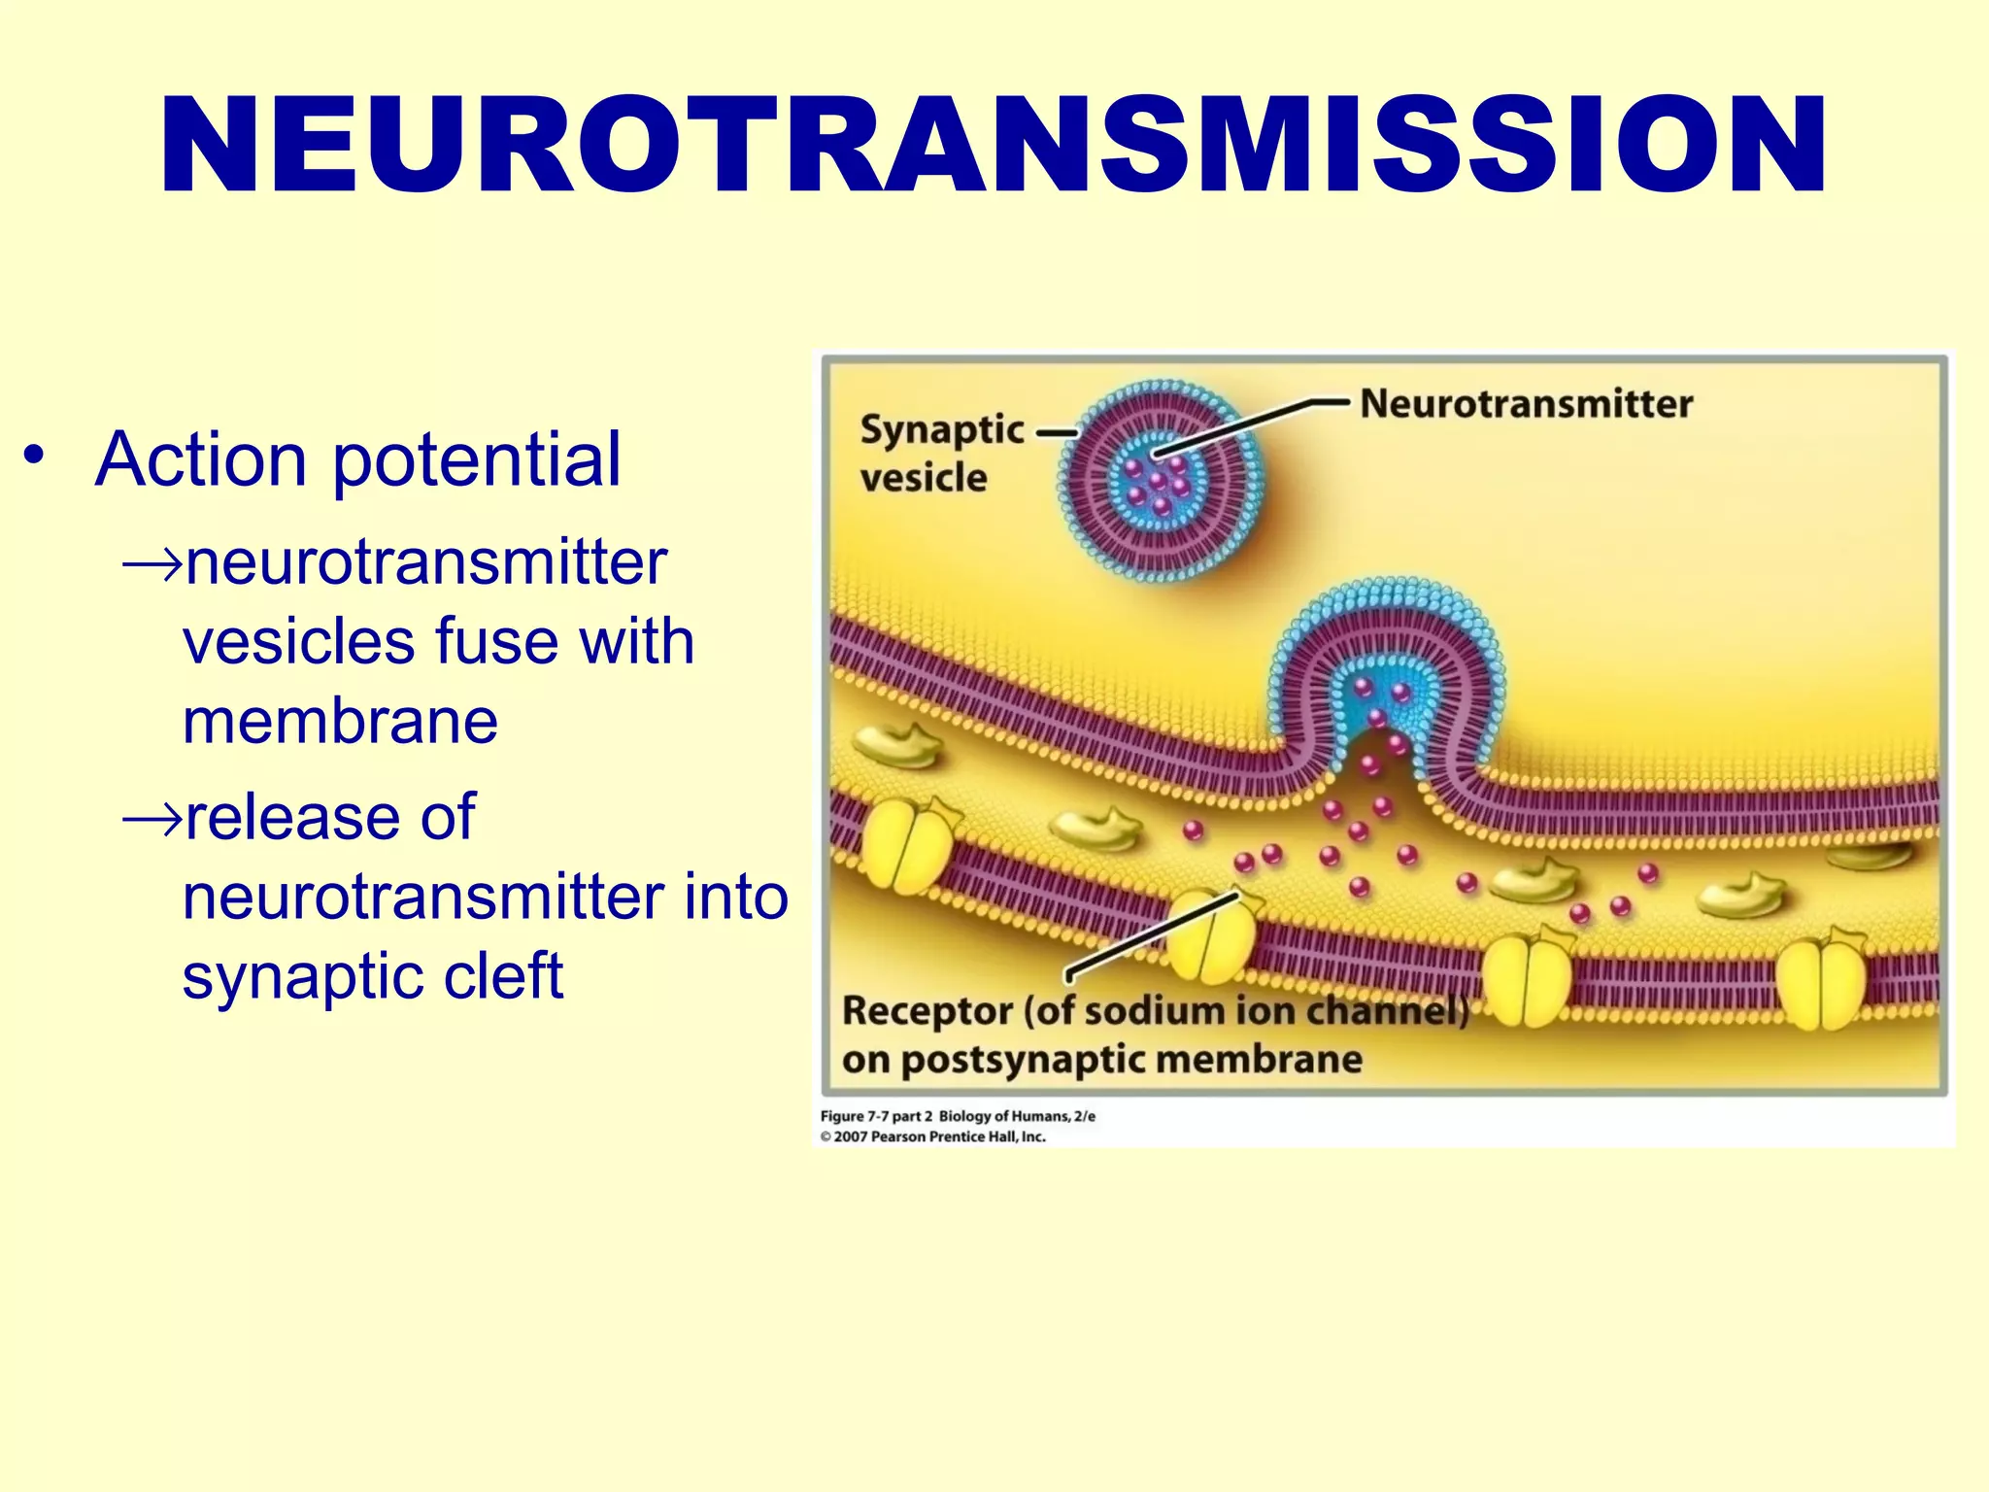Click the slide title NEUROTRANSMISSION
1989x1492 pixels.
point(993,146)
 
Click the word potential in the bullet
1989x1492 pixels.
point(476,461)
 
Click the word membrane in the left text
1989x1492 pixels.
point(340,722)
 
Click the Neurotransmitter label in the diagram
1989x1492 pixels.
point(1525,404)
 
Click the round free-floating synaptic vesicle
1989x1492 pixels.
point(1161,481)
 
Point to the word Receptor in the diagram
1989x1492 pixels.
point(927,1011)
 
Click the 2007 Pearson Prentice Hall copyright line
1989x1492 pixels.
point(932,1136)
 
